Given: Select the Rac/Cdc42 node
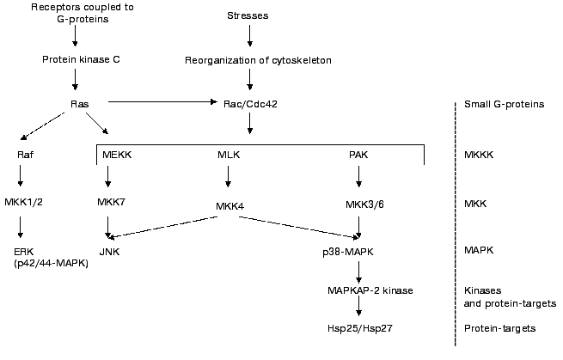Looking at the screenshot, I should [x=249, y=105].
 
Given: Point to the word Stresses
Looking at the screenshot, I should [x=249, y=16].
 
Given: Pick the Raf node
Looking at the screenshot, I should [x=24, y=155].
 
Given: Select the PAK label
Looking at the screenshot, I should [x=358, y=155].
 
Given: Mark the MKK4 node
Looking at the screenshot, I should [x=228, y=206].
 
